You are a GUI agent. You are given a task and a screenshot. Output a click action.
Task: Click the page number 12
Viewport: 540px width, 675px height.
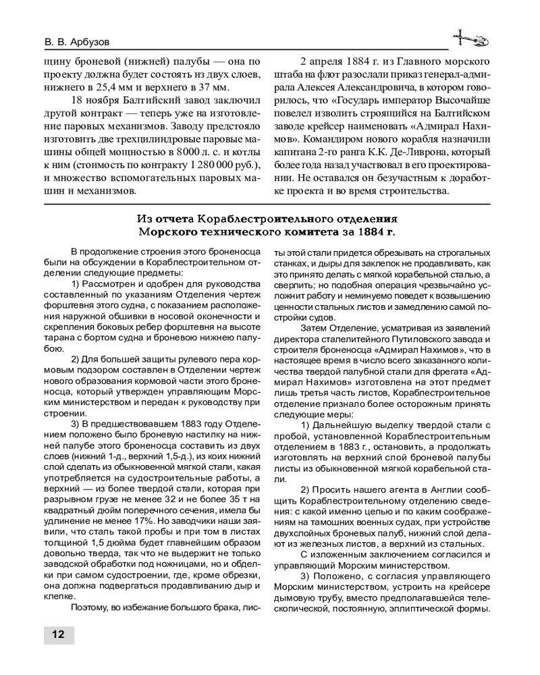pyautogui.click(x=58, y=634)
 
